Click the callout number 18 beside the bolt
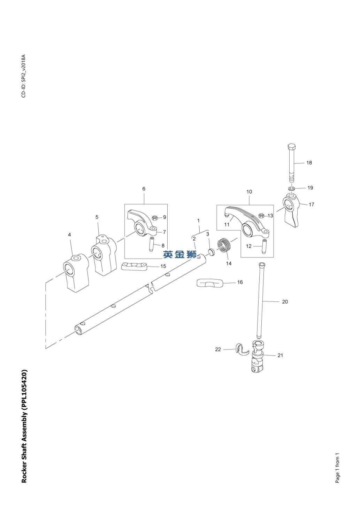309,163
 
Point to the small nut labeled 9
155,218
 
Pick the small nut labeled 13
261,216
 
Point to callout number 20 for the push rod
285,302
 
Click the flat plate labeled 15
134,267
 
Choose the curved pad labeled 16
210,283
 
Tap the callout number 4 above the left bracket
69,235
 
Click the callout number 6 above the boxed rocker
144,189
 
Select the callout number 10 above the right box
249,192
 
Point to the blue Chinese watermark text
180,255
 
